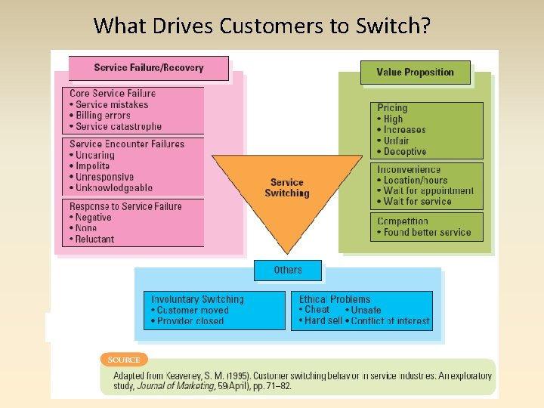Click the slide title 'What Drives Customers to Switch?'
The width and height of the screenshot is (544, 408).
click(x=262, y=26)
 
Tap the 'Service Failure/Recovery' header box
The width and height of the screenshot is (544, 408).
click(x=148, y=68)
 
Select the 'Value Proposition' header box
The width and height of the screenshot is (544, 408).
click(x=415, y=73)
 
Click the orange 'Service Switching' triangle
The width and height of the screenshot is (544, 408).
click(x=286, y=188)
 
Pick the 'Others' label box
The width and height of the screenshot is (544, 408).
click(x=288, y=270)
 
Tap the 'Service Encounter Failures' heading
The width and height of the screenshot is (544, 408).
click(x=127, y=144)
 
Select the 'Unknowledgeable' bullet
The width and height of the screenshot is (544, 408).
click(x=114, y=187)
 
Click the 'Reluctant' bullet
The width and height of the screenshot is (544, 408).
click(x=95, y=239)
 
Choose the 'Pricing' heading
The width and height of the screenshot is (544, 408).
click(x=392, y=108)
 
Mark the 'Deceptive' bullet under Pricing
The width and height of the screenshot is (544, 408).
click(x=405, y=151)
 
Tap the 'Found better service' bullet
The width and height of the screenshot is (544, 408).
click(x=427, y=232)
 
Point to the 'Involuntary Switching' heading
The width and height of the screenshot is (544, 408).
click(x=197, y=299)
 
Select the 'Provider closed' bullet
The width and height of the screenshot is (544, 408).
click(x=190, y=320)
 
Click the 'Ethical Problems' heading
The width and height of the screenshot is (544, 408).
click(x=335, y=299)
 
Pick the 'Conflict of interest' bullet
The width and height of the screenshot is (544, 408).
click(x=391, y=320)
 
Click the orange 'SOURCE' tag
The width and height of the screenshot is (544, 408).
click(x=123, y=359)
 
